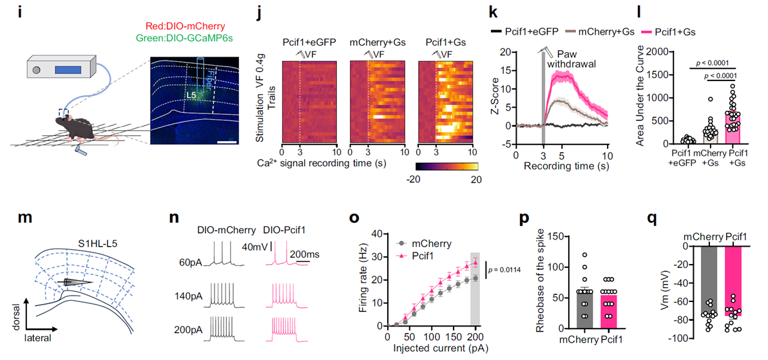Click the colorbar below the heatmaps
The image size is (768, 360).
[444, 166]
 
